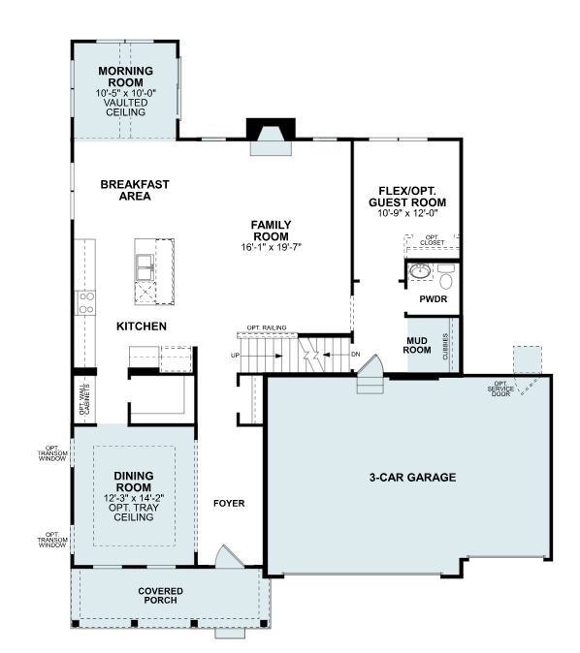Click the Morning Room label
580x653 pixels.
tap(125, 77)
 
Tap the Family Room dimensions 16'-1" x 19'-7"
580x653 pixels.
tap(271, 247)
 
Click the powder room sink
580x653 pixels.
tap(419, 271)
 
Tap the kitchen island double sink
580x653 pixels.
tap(145, 267)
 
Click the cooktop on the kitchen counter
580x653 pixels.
tap(86, 302)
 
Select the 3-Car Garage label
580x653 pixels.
tap(412, 478)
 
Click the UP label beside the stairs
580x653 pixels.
tap(235, 356)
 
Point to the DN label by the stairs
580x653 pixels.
tap(356, 355)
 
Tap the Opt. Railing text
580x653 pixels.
tap(267, 327)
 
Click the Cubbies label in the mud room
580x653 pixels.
tap(445, 347)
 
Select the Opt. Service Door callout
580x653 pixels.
tap(500, 389)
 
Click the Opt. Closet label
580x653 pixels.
tap(432, 240)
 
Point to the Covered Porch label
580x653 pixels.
tap(161, 596)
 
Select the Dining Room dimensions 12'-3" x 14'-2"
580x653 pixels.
tap(134, 498)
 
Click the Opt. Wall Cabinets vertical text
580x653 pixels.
tap(84, 400)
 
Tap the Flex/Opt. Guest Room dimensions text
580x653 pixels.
tap(407, 213)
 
